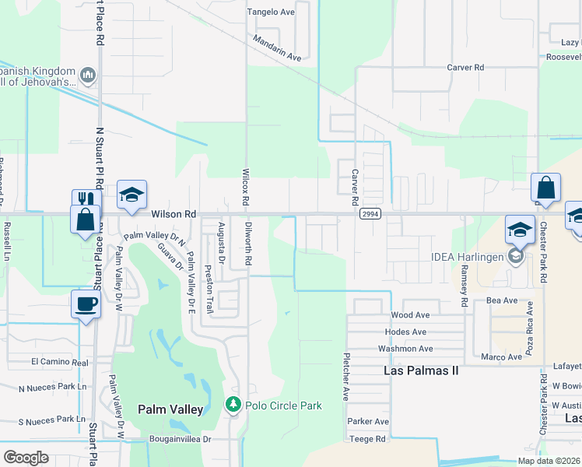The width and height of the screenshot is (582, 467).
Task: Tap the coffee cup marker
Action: point(85,304)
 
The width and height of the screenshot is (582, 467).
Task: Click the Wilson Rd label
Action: point(174,213)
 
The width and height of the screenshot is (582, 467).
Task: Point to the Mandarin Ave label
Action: point(277,47)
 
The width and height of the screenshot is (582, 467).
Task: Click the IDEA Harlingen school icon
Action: point(514,256)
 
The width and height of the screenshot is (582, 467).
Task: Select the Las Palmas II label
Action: point(421,370)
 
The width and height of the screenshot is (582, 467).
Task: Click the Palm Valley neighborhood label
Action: point(170,409)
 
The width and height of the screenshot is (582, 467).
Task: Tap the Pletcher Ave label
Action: point(343,377)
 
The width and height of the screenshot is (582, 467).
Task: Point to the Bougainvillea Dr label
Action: point(181,439)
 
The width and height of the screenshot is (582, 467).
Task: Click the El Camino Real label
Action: point(60,362)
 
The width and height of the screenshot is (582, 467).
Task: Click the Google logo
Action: point(26,458)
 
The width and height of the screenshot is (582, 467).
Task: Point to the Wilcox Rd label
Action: point(245,188)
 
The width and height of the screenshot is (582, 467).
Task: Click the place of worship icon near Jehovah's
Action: point(87,75)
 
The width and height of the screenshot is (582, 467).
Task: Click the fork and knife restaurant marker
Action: point(86,200)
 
